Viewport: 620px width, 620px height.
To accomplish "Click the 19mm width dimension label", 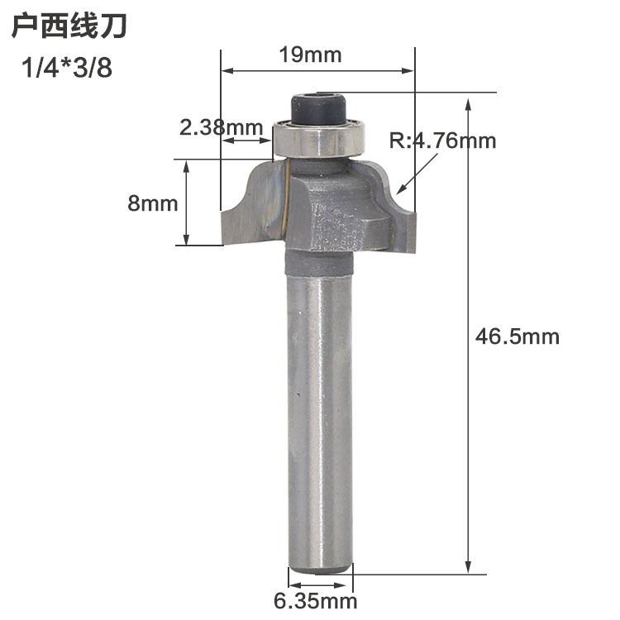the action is tap(310, 55).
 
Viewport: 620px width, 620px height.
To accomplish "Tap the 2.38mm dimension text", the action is tap(221, 127).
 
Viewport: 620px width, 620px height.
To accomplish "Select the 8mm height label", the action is tap(153, 203).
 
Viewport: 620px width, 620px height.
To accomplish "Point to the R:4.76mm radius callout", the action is tap(442, 141).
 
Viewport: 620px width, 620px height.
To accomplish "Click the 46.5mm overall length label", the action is tap(517, 337).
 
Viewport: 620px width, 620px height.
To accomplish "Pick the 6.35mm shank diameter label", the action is tap(316, 602).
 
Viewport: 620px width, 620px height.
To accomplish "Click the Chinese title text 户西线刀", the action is tap(69, 26).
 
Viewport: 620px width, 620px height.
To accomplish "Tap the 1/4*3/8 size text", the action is tap(67, 68).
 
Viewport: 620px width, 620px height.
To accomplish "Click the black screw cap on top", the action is tap(319, 107).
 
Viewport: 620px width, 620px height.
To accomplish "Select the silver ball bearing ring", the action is tap(319, 138).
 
